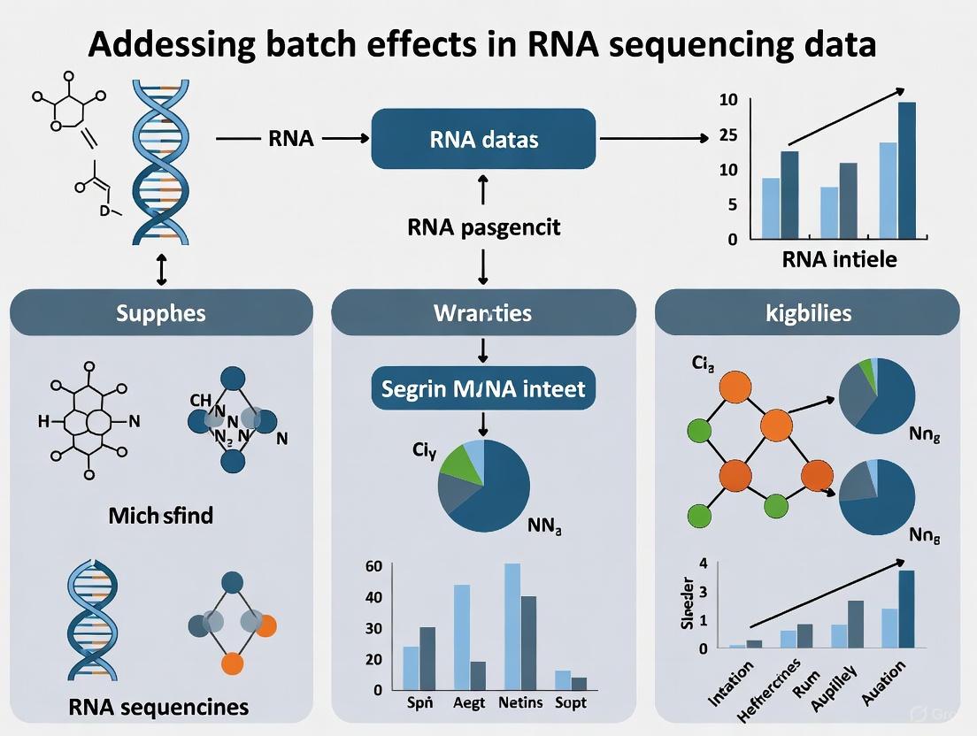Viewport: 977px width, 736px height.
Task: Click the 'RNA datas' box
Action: (483, 139)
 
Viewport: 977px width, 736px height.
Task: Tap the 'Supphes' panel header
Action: (161, 312)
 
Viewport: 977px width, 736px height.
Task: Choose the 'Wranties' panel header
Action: (483, 312)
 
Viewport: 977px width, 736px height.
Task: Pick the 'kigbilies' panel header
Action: (807, 312)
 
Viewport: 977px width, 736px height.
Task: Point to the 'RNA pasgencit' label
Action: (484, 227)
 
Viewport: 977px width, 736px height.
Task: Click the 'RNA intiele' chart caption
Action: (839, 260)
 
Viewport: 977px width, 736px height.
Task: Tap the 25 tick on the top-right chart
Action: (728, 134)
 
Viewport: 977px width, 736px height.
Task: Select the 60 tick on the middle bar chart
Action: (373, 566)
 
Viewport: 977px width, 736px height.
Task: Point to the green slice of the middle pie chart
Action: (458, 463)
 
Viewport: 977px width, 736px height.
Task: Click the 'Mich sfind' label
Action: (161, 514)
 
